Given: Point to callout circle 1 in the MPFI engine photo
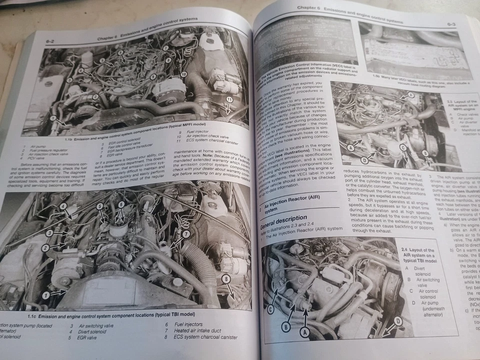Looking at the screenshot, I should coord(53,118).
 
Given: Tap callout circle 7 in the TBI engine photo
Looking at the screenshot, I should coord(185,234).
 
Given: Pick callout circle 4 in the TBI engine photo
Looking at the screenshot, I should coord(63,206).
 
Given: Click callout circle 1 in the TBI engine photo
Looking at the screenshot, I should coord(45,295).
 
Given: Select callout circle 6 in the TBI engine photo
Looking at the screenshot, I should coord(120,204).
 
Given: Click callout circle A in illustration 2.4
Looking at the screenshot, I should coord(303,330).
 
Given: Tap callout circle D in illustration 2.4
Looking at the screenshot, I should coord(398,320).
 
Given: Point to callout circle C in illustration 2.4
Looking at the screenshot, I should coord(270,309).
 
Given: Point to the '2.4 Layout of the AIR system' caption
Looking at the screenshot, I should coord(418,252).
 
